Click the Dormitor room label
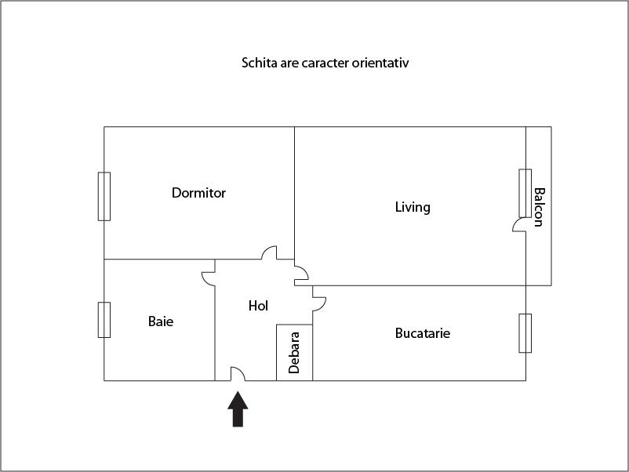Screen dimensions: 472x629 coord(198,193)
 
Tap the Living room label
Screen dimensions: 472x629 coord(413,208)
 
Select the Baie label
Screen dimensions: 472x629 coord(161,321)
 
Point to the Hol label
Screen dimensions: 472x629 coord(258,306)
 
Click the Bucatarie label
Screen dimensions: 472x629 coord(422,333)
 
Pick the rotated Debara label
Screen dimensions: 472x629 coord(294,353)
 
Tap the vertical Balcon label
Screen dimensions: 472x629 coord(538,206)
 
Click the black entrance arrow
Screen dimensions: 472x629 coord(238,409)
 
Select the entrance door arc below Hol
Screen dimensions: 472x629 coord(238,374)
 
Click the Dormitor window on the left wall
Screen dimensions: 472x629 coord(104,196)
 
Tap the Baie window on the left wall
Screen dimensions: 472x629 coord(104,319)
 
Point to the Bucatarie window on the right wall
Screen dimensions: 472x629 coord(525,333)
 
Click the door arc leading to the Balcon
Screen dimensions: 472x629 coord(519,225)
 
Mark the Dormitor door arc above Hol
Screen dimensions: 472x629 coord(269,252)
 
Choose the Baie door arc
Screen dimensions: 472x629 coord(209,278)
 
